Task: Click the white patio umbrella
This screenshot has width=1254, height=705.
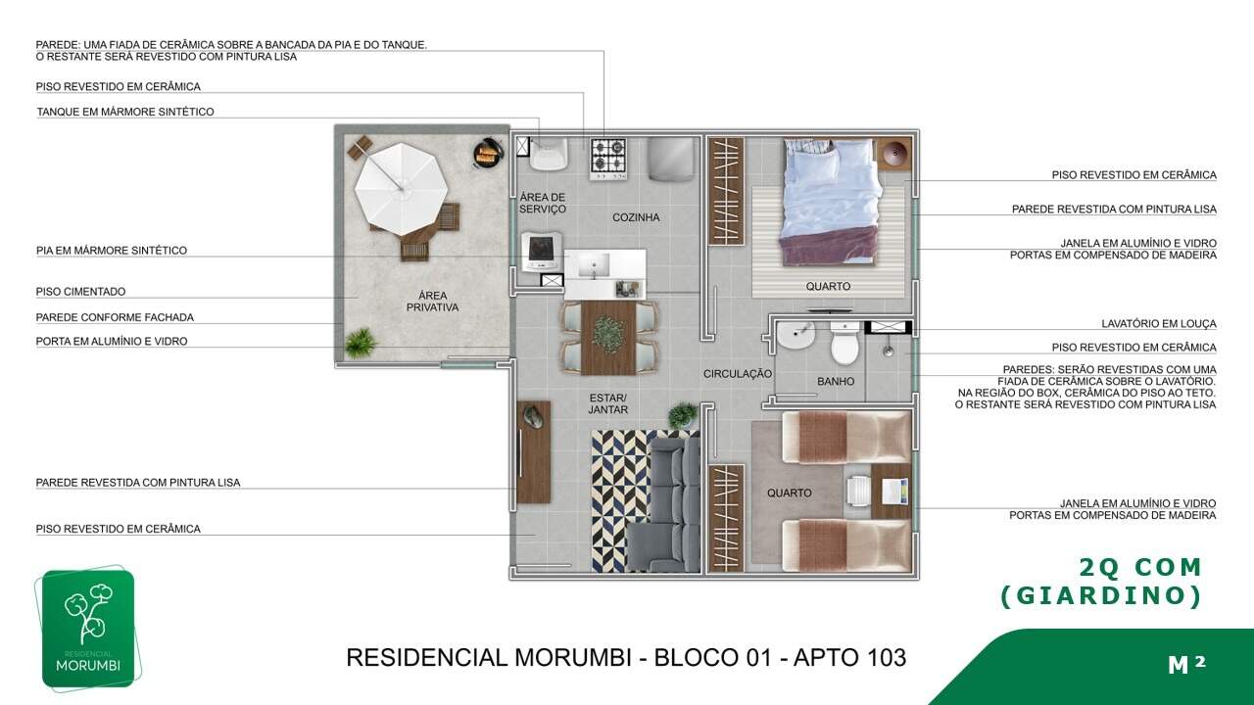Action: click(401, 189)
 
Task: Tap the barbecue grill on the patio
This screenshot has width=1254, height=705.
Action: click(487, 153)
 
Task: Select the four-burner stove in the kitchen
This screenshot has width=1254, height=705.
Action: click(608, 158)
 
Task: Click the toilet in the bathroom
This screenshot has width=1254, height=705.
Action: click(844, 343)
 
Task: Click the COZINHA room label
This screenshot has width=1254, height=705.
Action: click(636, 217)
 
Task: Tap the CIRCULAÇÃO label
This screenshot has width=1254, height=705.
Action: click(738, 374)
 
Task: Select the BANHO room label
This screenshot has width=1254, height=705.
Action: click(836, 381)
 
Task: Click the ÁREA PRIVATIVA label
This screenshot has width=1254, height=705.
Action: click(432, 301)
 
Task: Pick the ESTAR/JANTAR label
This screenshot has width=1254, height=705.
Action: click(608, 403)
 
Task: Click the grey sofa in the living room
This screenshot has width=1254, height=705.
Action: click(664, 504)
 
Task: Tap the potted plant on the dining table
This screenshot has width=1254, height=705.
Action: click(608, 334)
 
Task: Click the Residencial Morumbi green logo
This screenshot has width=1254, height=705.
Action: click(88, 628)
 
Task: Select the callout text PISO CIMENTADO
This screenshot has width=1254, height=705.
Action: click(80, 292)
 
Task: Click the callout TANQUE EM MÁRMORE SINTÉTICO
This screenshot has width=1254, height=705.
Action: click(125, 112)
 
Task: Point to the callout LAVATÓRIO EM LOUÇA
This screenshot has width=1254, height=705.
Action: click(1159, 323)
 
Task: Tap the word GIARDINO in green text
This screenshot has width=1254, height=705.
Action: click(1101, 596)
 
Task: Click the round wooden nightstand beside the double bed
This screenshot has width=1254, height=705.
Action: click(894, 153)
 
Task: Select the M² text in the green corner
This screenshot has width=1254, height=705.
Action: click(1186, 664)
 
